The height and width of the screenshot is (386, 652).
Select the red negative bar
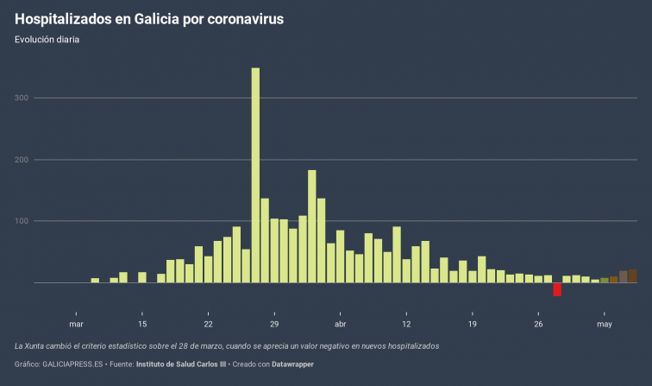point(557,289)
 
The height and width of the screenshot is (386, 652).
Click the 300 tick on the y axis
point(22,98)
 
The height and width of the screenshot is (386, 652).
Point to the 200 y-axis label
point(22,160)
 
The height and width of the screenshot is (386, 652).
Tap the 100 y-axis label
point(22,221)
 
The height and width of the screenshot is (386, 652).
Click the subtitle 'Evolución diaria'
point(47,39)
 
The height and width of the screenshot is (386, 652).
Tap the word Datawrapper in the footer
point(289,364)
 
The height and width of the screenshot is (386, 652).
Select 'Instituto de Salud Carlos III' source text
point(180,364)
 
